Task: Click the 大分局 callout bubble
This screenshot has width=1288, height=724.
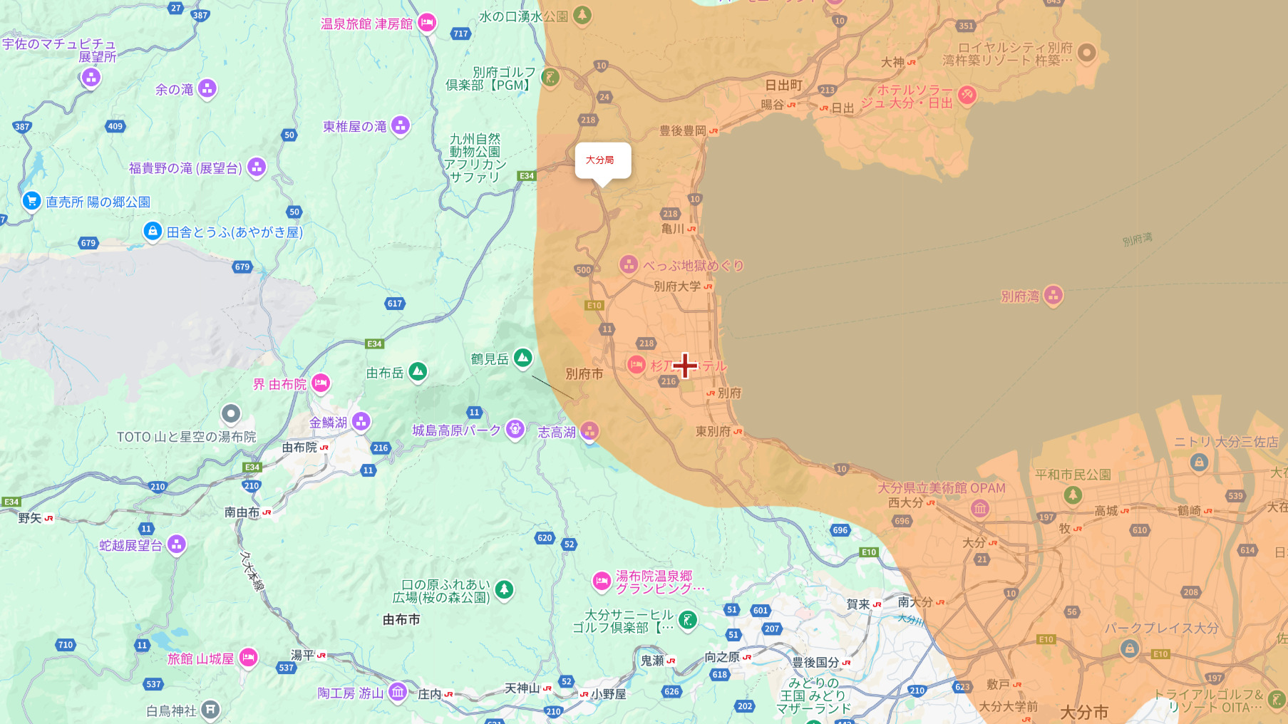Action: [x=602, y=160]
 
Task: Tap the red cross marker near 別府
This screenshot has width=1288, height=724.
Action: [x=685, y=366]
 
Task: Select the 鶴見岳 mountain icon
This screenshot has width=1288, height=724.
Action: [x=523, y=358]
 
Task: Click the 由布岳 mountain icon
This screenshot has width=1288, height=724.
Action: [x=418, y=371]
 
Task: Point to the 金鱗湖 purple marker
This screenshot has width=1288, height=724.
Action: [x=361, y=421]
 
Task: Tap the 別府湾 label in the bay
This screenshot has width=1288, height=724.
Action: [x=1020, y=296]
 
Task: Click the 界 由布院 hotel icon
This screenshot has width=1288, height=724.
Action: [x=321, y=383]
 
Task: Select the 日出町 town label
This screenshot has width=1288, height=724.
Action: [x=784, y=86]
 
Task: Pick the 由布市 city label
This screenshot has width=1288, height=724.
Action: [x=401, y=620]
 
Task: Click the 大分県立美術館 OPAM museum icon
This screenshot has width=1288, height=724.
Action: [x=980, y=508]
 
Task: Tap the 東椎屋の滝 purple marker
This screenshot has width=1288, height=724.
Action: [x=401, y=125]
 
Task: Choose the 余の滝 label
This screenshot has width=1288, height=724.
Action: [x=175, y=90]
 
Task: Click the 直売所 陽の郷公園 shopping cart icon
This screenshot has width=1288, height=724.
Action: [x=31, y=201]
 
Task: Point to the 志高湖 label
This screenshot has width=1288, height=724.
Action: [x=557, y=432]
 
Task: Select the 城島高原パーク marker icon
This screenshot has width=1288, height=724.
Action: [x=515, y=429]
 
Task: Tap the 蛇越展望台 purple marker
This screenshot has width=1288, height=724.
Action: [x=177, y=544]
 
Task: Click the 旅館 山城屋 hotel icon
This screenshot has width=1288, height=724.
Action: [x=248, y=657]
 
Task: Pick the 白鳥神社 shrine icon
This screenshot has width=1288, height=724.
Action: [x=210, y=709]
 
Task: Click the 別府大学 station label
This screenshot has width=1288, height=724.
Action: [x=677, y=286]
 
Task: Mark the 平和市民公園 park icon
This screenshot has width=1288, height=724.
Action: [x=1073, y=494]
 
